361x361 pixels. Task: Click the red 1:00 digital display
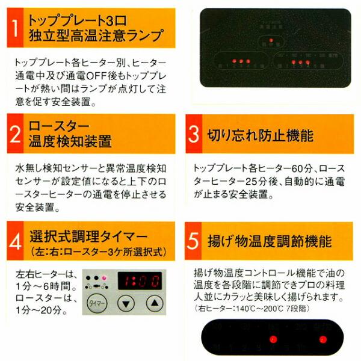click(140, 279)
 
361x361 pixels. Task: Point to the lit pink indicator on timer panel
click(103, 277)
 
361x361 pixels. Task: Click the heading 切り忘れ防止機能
click(259, 135)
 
